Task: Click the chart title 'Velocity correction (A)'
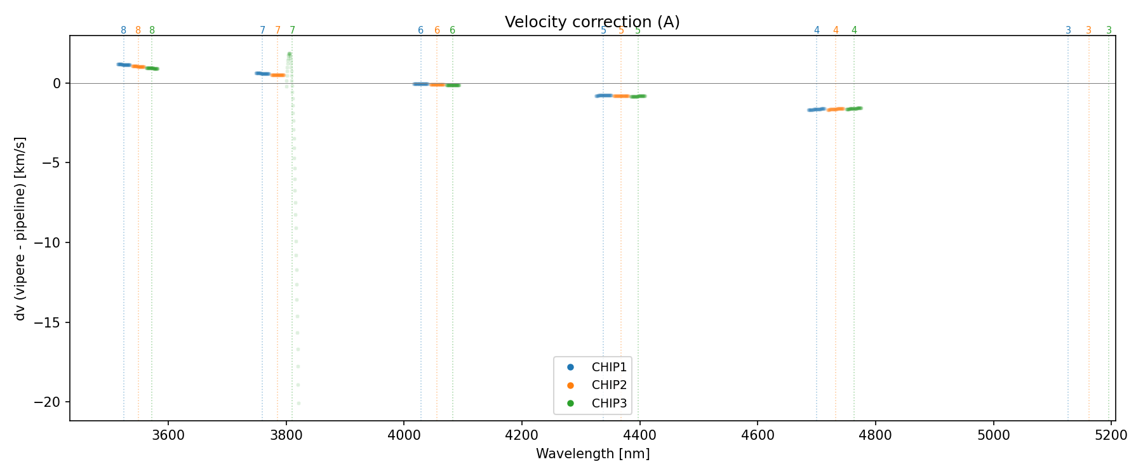[592, 22]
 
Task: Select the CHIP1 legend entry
[609, 367]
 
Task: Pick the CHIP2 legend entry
[609, 385]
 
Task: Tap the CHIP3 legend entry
[609, 403]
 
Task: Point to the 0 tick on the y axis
[57, 83]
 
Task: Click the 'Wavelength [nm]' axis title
[592, 454]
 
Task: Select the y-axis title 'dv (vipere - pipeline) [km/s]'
[20, 228]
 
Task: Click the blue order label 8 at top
[123, 30]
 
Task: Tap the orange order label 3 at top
[1088, 30]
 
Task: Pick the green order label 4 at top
[854, 30]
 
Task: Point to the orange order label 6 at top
[437, 30]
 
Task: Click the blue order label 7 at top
[262, 30]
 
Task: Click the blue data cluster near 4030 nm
[420, 84]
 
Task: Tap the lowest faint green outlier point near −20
[298, 403]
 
